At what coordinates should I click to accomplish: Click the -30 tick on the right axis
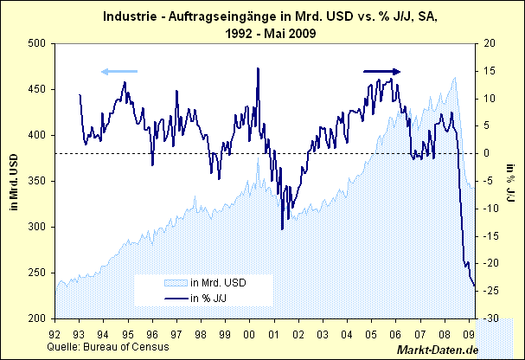click(x=490, y=318)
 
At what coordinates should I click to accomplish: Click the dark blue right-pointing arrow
click(x=382, y=72)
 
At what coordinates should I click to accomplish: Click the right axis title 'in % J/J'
click(x=512, y=180)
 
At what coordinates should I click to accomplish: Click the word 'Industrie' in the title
click(x=129, y=15)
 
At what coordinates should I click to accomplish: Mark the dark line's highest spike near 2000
click(x=258, y=68)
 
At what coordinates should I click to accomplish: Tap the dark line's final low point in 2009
click(x=474, y=287)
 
